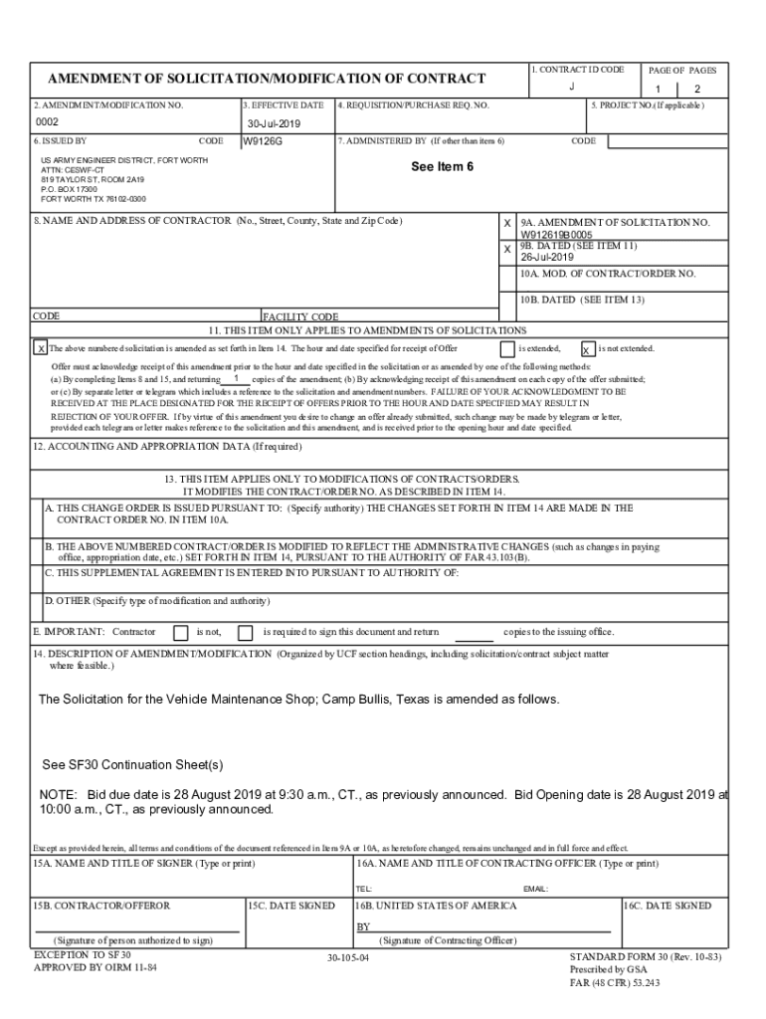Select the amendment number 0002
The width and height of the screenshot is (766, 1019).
[48, 123]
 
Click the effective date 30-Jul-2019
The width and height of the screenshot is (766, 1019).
[274, 124]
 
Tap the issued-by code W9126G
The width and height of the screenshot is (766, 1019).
[264, 141]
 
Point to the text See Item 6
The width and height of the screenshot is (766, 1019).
[442, 166]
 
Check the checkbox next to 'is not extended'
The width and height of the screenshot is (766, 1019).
[588, 349]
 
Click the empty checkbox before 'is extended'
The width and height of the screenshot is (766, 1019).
[507, 348]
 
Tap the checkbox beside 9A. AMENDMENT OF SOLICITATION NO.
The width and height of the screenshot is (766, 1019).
[507, 224]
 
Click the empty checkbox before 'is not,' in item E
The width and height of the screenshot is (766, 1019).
[180, 632]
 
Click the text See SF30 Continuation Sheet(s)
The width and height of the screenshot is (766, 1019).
[132, 765]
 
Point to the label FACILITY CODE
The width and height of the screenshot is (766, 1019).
[300, 316]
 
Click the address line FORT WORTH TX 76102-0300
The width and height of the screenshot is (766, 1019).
[94, 198]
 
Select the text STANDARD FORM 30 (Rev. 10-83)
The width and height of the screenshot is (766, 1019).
[639, 956]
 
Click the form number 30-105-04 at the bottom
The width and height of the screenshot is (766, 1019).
[347, 957]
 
